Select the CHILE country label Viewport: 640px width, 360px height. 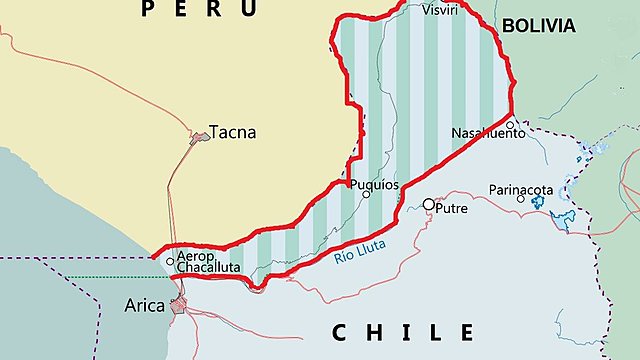403,332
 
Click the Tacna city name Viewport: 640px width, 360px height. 232,133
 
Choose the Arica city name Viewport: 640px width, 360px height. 145,305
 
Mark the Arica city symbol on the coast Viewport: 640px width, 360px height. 180,304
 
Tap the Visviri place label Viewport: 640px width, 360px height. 441,10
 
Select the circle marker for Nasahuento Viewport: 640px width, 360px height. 510,126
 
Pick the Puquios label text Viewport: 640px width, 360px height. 374,184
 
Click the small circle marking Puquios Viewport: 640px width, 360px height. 366,194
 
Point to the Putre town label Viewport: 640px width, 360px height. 452,208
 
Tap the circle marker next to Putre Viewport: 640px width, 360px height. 429,204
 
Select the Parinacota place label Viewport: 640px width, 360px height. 521,188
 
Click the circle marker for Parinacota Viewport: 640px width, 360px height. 521,199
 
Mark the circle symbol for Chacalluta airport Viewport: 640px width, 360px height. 170,262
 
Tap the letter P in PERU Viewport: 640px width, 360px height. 149,9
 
